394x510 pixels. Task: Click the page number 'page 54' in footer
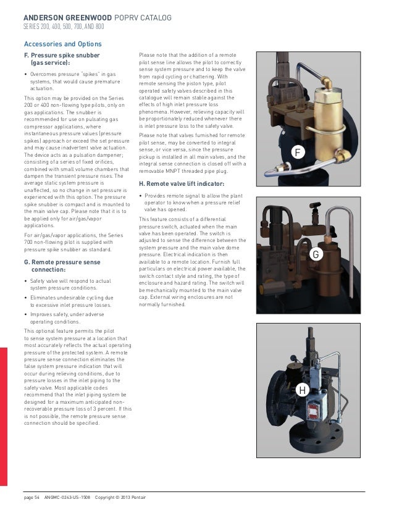30,498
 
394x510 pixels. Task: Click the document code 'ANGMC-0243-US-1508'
67,498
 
